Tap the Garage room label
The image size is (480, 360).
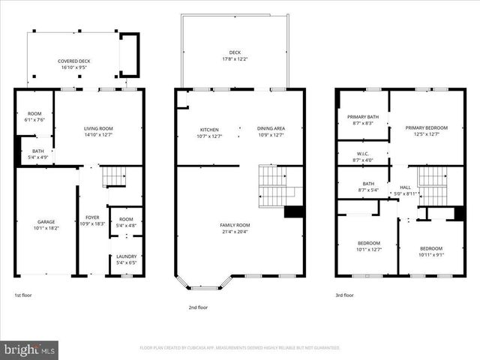click(x=46, y=222)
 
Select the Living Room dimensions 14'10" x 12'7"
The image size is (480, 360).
click(x=98, y=135)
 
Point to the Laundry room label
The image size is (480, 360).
click(x=126, y=256)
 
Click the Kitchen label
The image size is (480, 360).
click(x=208, y=129)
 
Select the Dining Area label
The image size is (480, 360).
click(x=271, y=129)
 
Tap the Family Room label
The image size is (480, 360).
click(x=234, y=225)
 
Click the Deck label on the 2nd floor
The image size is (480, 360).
click(x=235, y=52)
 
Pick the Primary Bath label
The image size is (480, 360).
click(x=362, y=116)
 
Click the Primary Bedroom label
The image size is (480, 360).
click(x=426, y=128)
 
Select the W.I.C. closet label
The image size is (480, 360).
click(x=362, y=154)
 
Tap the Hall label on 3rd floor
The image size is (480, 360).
click(x=405, y=187)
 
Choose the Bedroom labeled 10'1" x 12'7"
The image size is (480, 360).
click(x=368, y=243)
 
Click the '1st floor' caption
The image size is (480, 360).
click(x=23, y=295)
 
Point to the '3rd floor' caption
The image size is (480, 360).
click(x=344, y=295)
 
